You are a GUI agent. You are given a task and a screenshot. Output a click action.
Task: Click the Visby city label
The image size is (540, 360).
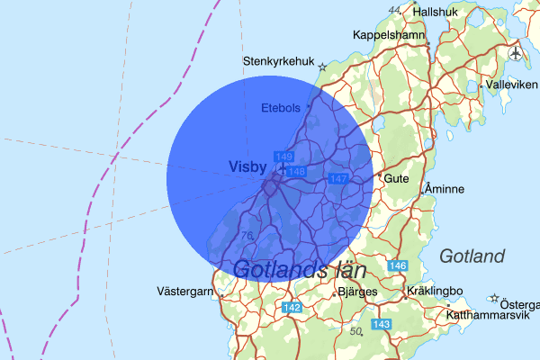[x=248, y=166]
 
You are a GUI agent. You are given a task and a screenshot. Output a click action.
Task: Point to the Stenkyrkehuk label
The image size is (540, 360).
[x=279, y=62]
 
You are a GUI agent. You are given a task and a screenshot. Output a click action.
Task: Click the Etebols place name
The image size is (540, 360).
[x=280, y=108]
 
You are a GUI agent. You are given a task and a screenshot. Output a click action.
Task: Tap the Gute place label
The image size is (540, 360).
[x=397, y=178]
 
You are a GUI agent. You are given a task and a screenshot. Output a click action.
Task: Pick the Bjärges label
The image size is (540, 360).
[x=357, y=292]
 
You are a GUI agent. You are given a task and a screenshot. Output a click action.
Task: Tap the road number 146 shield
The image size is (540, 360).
[x=399, y=266]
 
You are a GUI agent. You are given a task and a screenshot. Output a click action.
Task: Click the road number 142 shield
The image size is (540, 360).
[x=292, y=308]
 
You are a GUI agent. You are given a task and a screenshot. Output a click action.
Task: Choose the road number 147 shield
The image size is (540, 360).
[x=338, y=179]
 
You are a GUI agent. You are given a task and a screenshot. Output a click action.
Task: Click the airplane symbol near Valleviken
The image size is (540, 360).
[x=516, y=53]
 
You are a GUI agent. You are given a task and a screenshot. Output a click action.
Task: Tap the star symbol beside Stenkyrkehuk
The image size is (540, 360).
[x=322, y=65]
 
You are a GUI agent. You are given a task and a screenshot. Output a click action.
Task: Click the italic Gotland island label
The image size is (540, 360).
[x=472, y=256]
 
